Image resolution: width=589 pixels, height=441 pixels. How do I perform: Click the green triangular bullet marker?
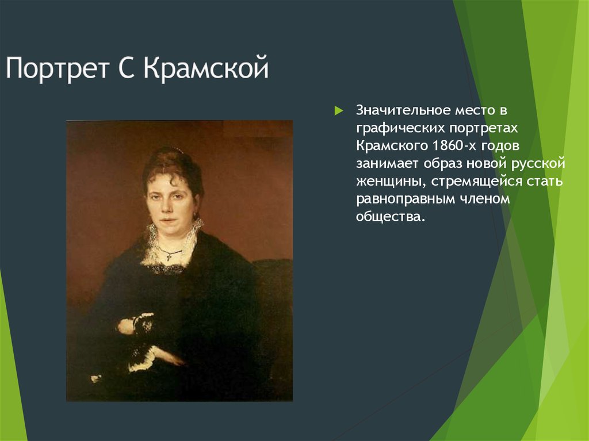pos(338,110)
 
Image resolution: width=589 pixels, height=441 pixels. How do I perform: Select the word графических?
pos(393,127)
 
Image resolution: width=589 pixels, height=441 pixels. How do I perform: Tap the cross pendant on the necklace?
pos(169,256)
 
